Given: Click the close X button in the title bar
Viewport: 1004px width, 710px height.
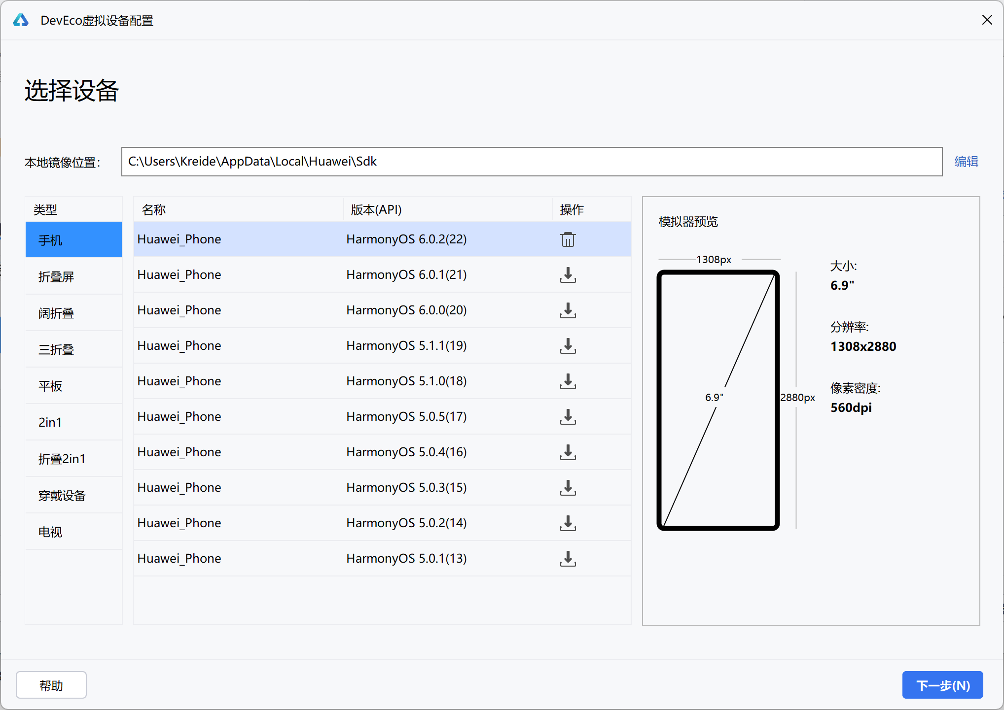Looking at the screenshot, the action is point(987,20).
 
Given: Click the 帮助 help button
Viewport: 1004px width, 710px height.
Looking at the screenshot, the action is point(51,685).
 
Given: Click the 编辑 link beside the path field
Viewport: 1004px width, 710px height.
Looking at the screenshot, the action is point(966,162).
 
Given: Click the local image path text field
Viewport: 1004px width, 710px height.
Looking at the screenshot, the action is point(532,162).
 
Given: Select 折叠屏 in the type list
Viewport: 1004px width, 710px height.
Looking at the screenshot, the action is point(56,277).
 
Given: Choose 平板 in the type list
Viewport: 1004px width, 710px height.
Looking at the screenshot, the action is point(50,386).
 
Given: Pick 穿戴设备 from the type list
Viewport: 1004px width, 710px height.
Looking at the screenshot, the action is point(62,496).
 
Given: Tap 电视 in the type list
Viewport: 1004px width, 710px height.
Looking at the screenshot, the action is point(50,532).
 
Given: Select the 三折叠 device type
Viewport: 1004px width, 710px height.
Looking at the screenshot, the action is point(56,350).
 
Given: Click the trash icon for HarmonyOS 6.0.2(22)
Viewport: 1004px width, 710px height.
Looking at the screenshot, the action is point(568,239).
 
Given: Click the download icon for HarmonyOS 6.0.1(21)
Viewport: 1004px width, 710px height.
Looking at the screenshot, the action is point(568,275).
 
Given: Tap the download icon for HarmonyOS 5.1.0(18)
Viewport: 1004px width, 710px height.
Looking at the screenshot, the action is point(568,381).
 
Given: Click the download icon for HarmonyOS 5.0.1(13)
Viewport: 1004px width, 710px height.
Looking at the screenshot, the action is point(568,559).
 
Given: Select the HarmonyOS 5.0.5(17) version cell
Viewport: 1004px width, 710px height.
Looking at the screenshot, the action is point(406,417).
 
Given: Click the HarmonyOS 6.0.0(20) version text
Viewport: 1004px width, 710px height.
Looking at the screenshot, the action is point(406,310).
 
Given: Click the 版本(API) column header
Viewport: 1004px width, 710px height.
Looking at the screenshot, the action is point(376,210).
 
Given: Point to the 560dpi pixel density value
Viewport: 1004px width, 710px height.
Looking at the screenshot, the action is point(851,408).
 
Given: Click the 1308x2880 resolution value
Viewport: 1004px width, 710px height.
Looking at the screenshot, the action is point(863,346).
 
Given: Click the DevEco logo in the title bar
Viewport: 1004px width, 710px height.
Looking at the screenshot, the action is point(21,20).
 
